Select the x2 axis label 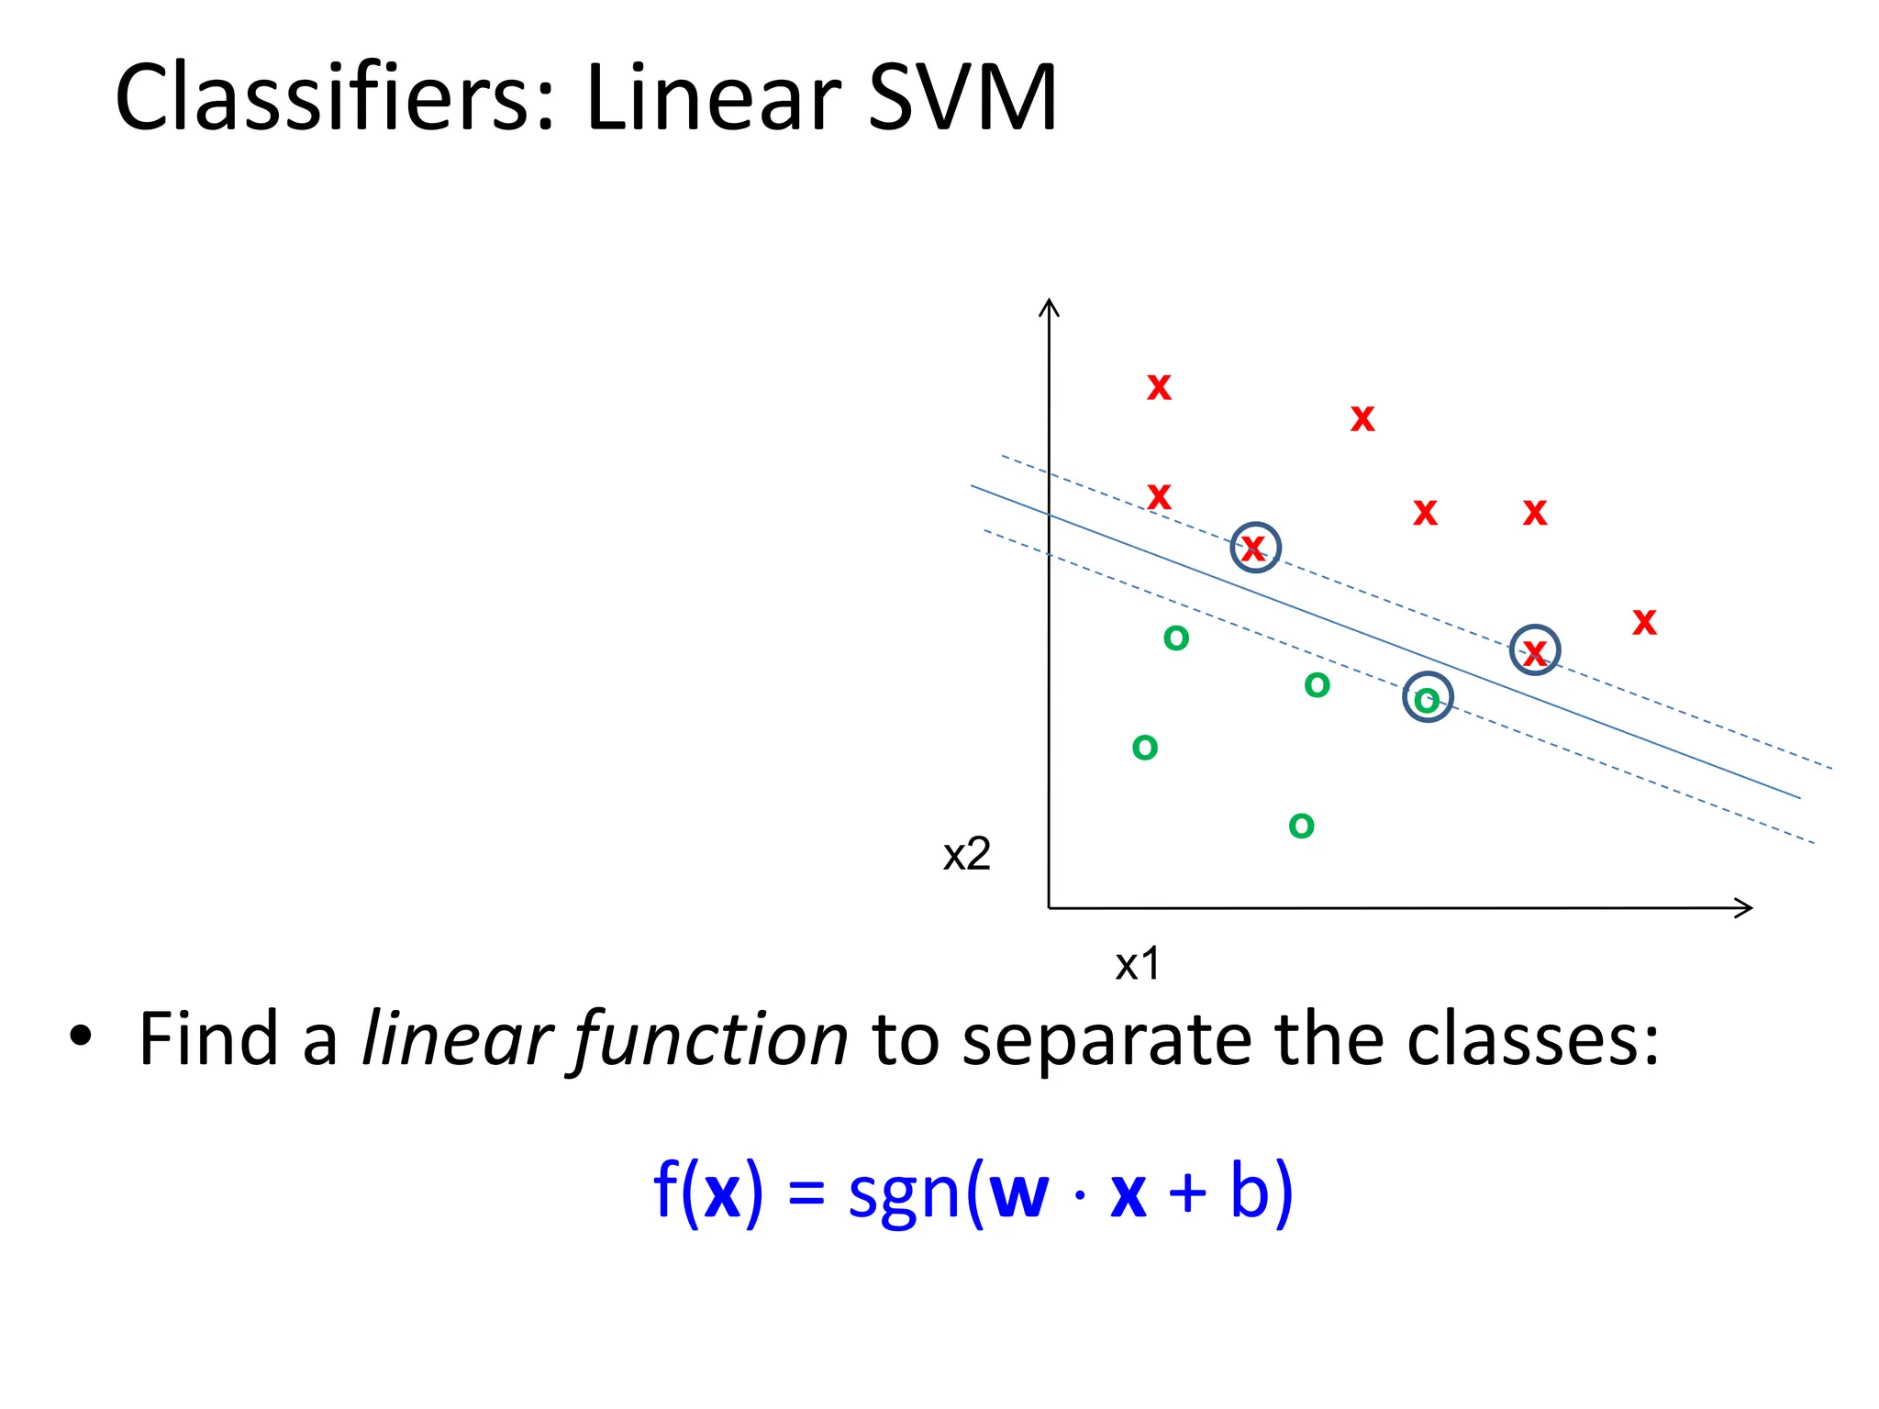point(967,855)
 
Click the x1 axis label point(1138,964)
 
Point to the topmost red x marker point(1159,388)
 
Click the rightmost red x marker point(1644,623)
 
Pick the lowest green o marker point(1301,827)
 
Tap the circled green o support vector point(1428,699)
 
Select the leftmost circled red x point(1254,548)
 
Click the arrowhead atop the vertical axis point(1049,305)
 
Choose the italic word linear point(455,1038)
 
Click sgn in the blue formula point(904,1193)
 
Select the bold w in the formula point(1018,1193)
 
